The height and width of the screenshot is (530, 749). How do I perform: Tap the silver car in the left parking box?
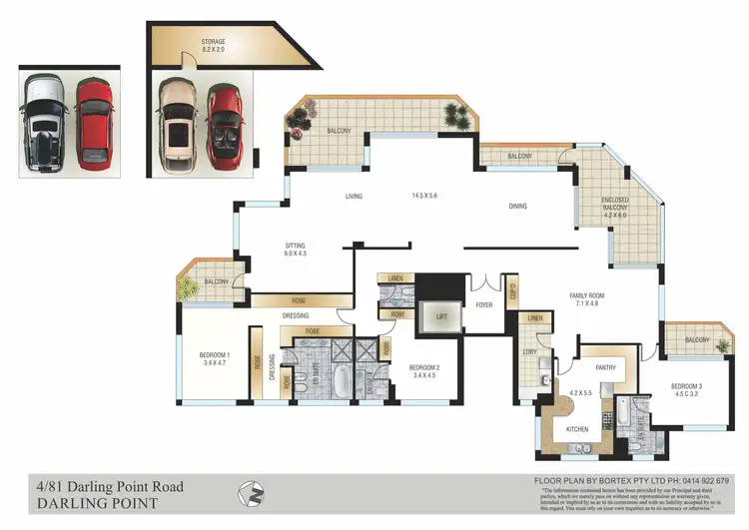[x=46, y=122]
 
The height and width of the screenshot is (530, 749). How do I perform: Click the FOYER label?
[x=484, y=306]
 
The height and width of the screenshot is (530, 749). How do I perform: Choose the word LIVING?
[x=353, y=197]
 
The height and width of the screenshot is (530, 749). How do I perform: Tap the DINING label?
[x=517, y=207]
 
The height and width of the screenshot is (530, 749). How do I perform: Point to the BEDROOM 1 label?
[x=215, y=355]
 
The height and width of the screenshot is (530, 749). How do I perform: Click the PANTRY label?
[x=605, y=367]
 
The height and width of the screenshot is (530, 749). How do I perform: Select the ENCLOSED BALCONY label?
[x=615, y=206]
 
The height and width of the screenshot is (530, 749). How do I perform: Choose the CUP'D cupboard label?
[x=512, y=292]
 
